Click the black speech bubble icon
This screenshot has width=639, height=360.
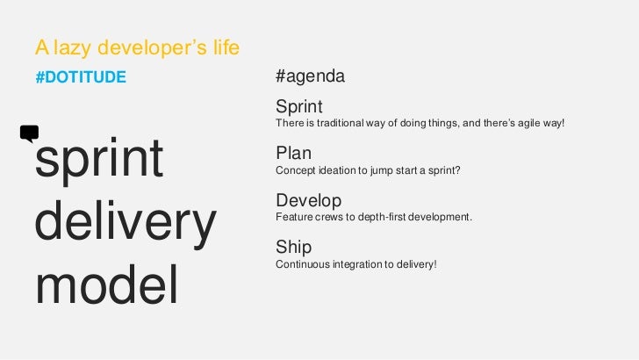(x=29, y=133)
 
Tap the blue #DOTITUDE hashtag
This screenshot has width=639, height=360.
(x=81, y=77)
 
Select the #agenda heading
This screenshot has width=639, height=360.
(x=310, y=77)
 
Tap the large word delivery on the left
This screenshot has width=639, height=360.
(x=125, y=224)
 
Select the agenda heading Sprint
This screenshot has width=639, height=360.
(x=299, y=106)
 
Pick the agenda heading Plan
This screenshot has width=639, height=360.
(x=294, y=154)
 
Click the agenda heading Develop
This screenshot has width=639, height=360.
(x=308, y=200)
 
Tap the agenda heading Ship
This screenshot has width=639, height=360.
(x=293, y=248)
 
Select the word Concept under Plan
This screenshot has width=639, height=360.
(x=296, y=169)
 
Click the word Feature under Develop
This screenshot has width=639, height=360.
(x=294, y=216)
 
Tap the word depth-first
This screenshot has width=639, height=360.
(x=386, y=216)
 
